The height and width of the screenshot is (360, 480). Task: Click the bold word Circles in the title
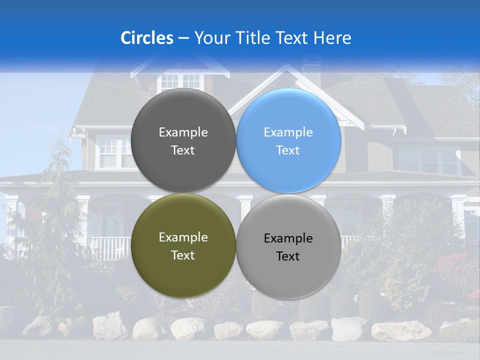[x=147, y=38]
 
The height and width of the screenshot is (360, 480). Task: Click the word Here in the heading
[x=332, y=38]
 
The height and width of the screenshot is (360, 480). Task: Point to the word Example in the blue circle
[x=288, y=132]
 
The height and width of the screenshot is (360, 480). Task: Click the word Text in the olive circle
[x=183, y=255]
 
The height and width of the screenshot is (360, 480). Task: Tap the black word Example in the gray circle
[x=288, y=238]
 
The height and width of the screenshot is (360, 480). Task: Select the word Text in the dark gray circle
[x=183, y=150]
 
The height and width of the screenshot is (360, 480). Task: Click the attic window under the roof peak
[x=181, y=80]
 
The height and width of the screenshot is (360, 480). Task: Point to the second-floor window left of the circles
[x=109, y=152]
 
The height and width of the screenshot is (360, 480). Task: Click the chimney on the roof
[x=311, y=67]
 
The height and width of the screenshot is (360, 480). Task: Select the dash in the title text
[x=183, y=38]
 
